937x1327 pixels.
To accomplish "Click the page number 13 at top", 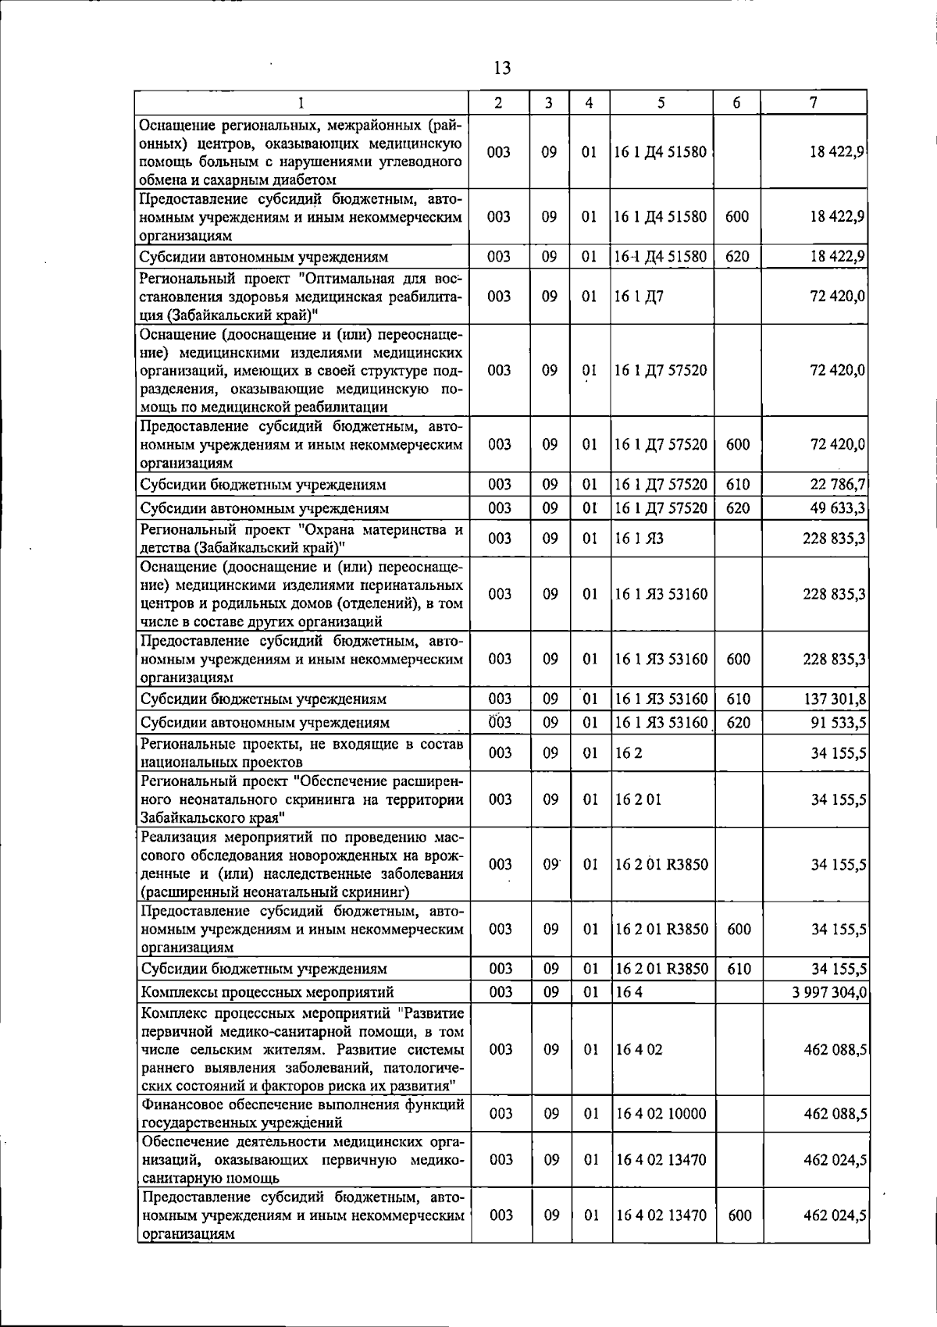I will tap(502, 68).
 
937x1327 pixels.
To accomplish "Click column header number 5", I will tap(661, 102).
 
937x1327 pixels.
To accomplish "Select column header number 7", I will tap(814, 102).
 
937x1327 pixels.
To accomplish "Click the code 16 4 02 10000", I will tap(661, 1114).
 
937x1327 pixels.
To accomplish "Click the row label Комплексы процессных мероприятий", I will tap(266, 992).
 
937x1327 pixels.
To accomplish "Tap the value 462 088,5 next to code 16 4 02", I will tap(835, 1050).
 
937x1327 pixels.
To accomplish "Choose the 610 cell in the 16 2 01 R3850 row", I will tap(738, 969).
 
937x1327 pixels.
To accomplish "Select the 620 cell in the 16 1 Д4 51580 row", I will tap(737, 257).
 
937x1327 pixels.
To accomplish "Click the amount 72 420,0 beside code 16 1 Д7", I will tap(838, 297).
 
